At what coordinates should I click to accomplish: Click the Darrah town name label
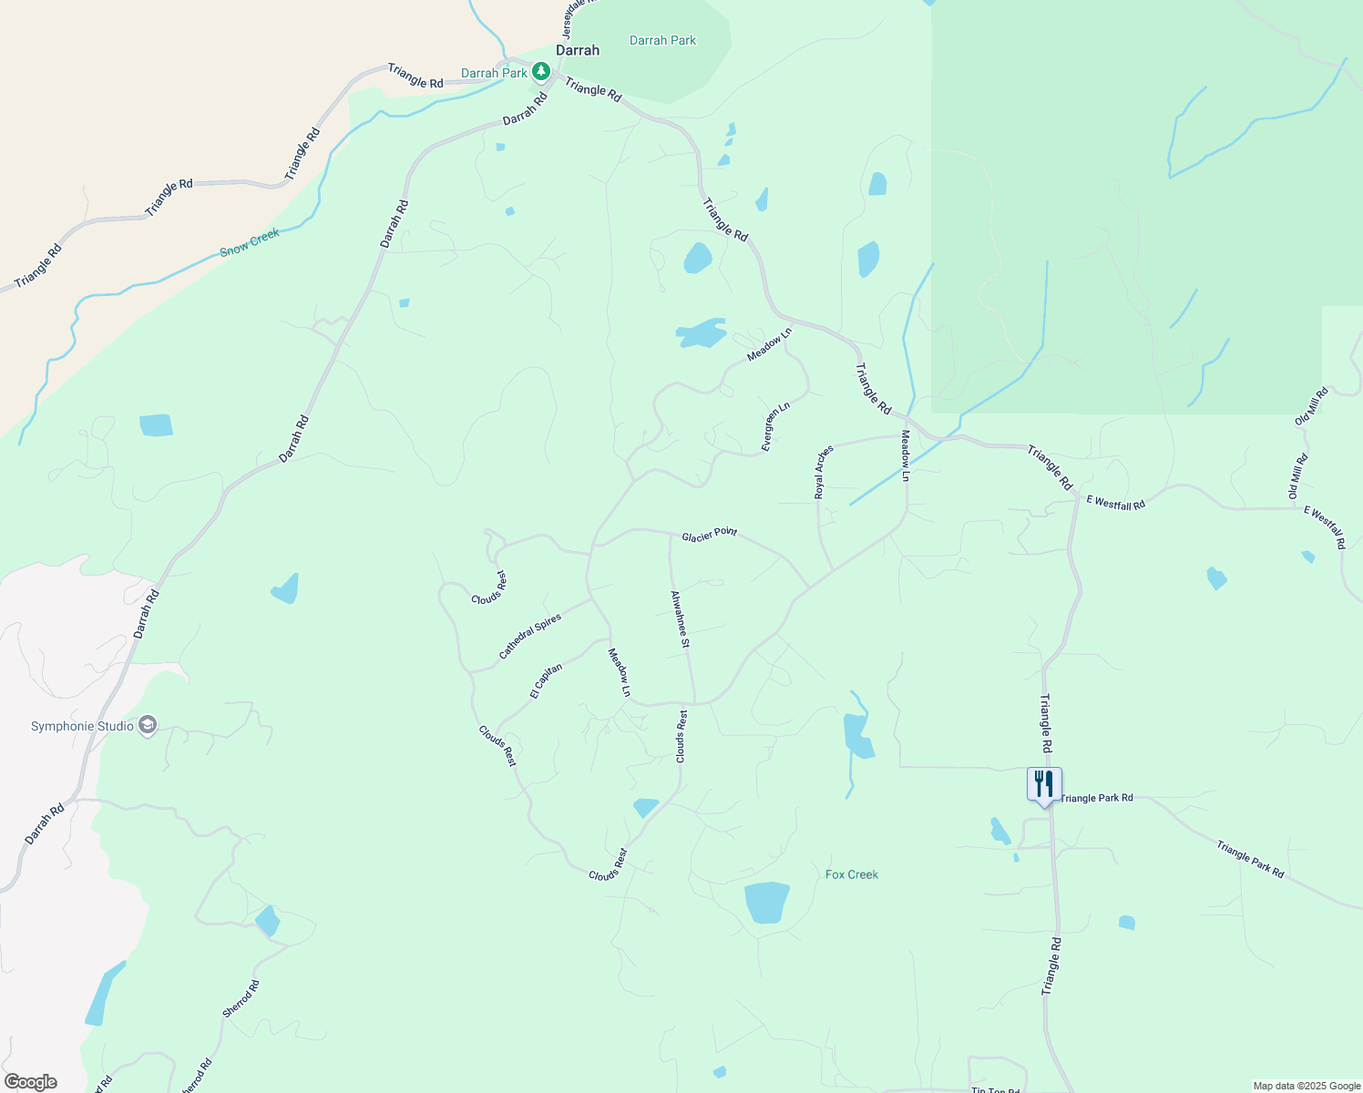(x=578, y=50)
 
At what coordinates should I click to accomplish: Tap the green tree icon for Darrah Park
(x=541, y=71)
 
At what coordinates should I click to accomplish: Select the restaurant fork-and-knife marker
(x=1044, y=784)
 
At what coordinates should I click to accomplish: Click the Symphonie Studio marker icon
(x=149, y=725)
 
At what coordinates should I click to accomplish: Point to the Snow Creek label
(x=250, y=241)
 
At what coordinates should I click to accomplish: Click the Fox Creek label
(x=852, y=874)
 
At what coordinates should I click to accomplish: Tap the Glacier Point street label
(x=710, y=534)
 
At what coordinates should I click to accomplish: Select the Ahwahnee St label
(x=680, y=619)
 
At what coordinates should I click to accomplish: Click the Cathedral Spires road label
(x=530, y=636)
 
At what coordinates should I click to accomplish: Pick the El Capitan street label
(x=547, y=680)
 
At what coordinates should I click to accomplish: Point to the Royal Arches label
(x=824, y=472)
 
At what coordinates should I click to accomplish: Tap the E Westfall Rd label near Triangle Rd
(x=1115, y=502)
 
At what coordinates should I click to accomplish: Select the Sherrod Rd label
(x=241, y=998)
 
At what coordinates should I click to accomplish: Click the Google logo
(x=30, y=1082)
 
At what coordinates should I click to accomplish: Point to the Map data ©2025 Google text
(x=1306, y=1086)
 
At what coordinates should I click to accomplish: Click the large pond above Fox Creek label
(x=766, y=902)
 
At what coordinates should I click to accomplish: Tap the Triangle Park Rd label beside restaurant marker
(x=1097, y=798)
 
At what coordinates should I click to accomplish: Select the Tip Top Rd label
(x=995, y=1090)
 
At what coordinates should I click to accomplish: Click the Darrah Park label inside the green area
(x=662, y=40)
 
